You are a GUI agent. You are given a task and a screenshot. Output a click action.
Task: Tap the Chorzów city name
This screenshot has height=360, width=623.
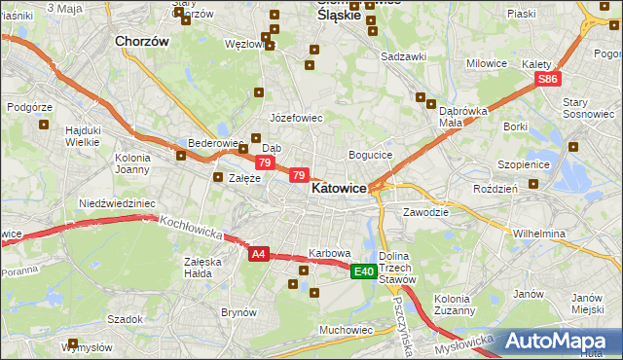tap(142, 42)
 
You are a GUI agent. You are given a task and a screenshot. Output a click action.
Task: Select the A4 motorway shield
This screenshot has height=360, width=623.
tap(258, 254)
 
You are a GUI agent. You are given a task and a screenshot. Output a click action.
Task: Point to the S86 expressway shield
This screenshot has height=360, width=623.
tap(549, 79)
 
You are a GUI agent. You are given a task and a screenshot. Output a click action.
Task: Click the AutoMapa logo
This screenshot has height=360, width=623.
tap(563, 341)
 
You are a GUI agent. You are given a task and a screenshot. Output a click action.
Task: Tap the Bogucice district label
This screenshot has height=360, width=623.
tap(370, 155)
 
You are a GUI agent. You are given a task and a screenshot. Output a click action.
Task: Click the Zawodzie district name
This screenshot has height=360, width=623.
tap(425, 211)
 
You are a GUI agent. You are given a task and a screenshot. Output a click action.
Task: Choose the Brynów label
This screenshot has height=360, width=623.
tap(238, 312)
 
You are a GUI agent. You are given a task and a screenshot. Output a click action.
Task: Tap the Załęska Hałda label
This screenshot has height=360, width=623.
tap(202, 267)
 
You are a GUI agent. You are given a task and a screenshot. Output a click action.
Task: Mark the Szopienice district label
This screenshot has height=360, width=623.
tap(524, 164)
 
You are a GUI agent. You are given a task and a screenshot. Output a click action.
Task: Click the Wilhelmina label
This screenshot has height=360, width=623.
tap(539, 234)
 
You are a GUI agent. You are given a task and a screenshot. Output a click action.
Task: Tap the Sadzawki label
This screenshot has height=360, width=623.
tap(404, 56)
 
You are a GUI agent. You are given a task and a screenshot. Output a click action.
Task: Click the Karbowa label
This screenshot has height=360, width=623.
tap(329, 253)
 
